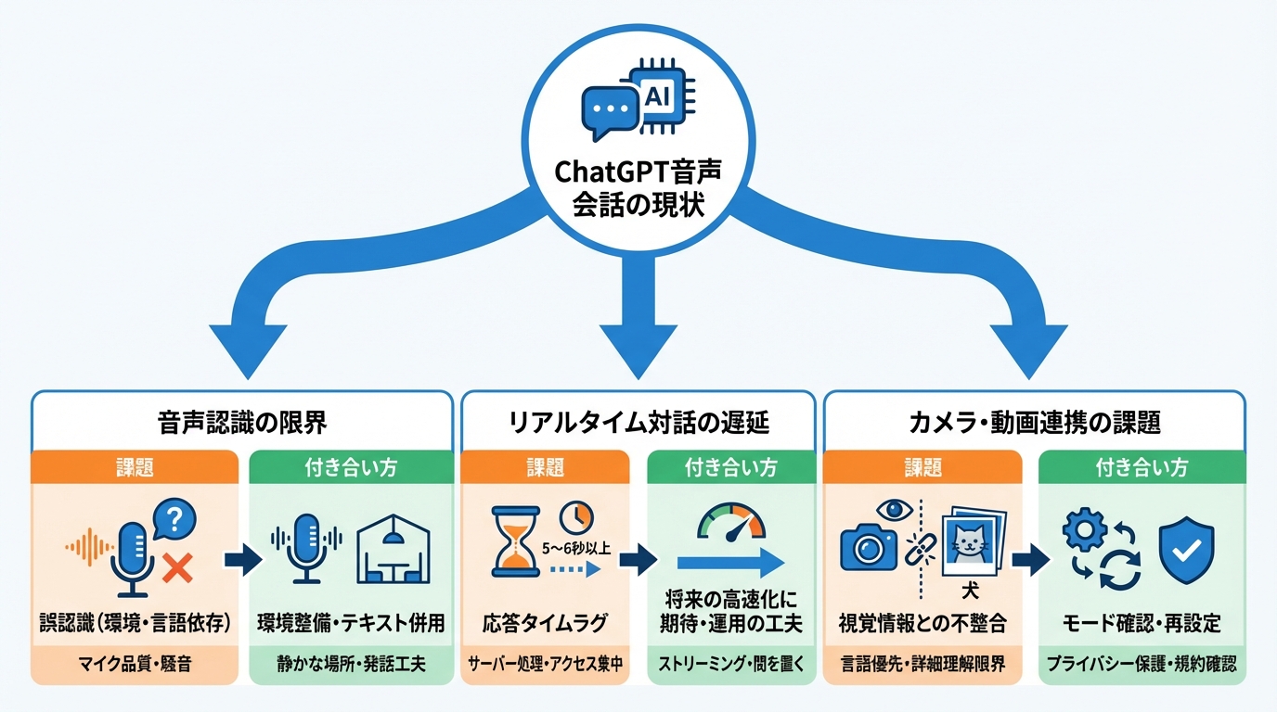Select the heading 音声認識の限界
coord(242,423)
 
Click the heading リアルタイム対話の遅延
coord(638,423)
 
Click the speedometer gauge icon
coord(731,525)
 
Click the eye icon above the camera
coord(896,507)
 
